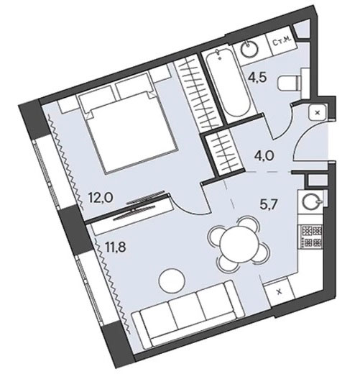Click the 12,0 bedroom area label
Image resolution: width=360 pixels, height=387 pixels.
point(101,198)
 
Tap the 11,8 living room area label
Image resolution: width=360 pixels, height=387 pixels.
point(116,247)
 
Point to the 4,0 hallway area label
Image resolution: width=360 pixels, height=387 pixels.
point(263,156)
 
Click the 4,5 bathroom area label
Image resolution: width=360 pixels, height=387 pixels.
point(257,78)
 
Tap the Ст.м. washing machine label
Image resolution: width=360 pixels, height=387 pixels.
point(283,43)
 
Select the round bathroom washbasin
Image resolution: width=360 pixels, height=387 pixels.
point(249,49)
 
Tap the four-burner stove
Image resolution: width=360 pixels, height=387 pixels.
point(310,237)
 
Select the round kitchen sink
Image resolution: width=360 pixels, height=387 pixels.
point(310,202)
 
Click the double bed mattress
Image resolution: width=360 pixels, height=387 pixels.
point(133,135)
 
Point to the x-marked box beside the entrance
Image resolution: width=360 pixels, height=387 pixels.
point(318,112)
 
